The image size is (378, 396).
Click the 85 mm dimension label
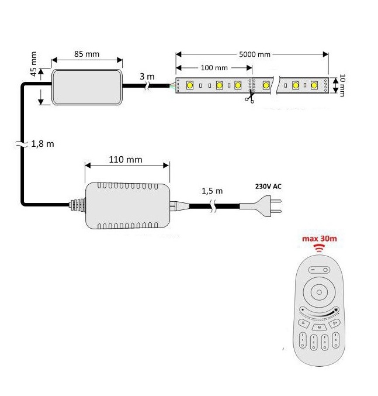click(86, 54)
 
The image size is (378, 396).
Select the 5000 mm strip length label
click(255, 54)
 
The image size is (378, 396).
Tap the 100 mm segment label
click(214, 68)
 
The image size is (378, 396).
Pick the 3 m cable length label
click(147, 77)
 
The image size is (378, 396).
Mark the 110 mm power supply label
click(126, 159)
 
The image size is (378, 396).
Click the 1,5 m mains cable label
click(212, 191)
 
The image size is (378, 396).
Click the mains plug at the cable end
click(269, 206)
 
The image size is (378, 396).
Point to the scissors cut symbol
click(250, 99)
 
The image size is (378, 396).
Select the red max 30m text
click(319, 239)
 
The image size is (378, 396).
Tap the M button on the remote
click(319, 328)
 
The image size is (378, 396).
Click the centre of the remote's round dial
click(319, 291)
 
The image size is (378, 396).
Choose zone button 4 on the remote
click(337, 340)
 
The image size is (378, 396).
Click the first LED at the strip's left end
click(190, 85)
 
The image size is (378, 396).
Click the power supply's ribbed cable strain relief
click(76, 205)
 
